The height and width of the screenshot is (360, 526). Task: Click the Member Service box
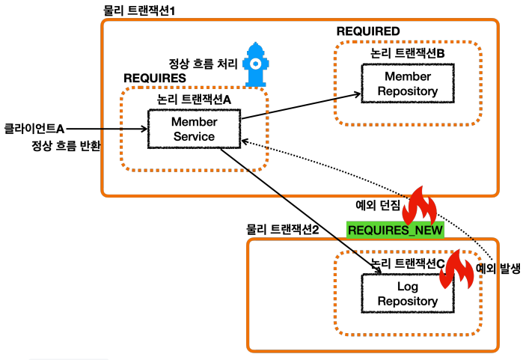pyautogui.click(x=194, y=129)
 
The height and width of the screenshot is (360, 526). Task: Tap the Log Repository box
pyautogui.click(x=408, y=293)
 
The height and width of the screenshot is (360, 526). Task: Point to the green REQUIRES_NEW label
pyautogui.click(x=396, y=229)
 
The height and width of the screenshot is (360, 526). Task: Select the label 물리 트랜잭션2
pyautogui.click(x=283, y=229)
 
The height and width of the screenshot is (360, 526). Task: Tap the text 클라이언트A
pyautogui.click(x=34, y=127)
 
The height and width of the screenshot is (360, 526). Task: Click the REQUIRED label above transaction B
pyautogui.click(x=368, y=31)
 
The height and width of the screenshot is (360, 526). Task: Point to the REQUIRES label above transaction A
pyautogui.click(x=154, y=78)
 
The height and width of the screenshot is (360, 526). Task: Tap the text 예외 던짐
pyautogui.click(x=378, y=203)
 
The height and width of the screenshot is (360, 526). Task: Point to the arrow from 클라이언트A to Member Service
pyautogui.click(x=105, y=129)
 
